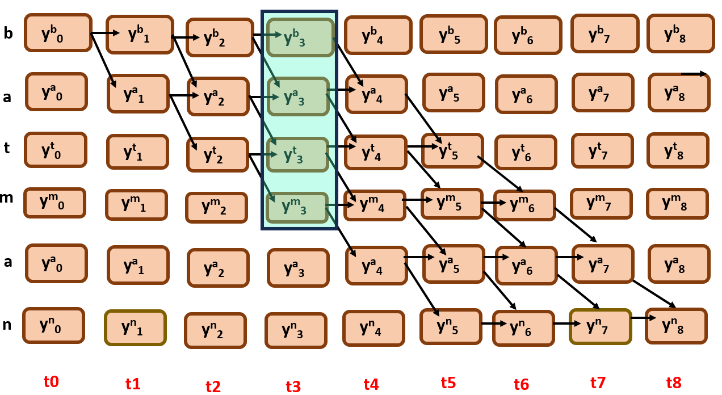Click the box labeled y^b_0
57,33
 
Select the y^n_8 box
676,326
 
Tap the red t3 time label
293,386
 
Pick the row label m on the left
7,197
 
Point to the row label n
7,325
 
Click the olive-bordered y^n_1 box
135,327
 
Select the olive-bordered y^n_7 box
600,326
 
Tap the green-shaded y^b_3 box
300,37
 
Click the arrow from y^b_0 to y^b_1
106,33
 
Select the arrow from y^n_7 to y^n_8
643,318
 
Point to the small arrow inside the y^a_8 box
693,74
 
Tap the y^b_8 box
680,33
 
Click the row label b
8,33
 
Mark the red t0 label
51,381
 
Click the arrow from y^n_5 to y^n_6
494,324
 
